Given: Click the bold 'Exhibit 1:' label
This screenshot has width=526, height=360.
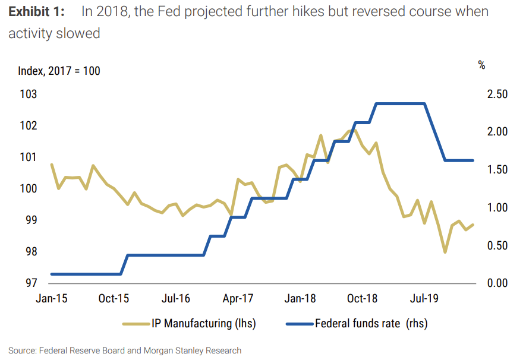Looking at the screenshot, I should tap(36, 12).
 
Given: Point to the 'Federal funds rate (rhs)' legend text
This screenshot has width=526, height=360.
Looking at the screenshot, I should tap(371, 324).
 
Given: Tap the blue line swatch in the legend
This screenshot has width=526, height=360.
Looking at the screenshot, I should tap(299, 324).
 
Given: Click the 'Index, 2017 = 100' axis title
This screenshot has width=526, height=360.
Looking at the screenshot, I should tap(59, 71).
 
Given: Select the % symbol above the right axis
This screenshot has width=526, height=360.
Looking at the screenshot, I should tap(481, 65).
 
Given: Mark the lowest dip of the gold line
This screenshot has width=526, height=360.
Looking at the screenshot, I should tap(445, 252).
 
